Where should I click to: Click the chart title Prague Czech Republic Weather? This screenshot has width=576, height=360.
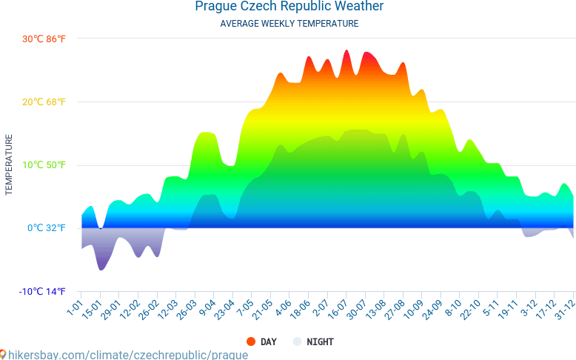point(289,7)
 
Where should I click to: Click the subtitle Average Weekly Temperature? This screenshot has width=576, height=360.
point(289,24)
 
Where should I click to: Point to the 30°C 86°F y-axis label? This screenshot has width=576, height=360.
point(44,39)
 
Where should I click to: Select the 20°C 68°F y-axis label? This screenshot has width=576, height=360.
point(44,102)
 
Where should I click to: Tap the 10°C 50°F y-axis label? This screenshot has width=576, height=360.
point(44,165)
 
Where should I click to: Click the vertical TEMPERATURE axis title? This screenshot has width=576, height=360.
point(10,164)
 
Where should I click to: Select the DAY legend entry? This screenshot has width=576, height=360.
point(268,341)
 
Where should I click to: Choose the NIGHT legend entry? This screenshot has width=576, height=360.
point(319,341)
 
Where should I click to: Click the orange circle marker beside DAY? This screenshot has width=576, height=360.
point(251,341)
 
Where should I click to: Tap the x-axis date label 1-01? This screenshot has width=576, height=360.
point(75,305)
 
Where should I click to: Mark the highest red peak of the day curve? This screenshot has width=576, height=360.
point(346,51)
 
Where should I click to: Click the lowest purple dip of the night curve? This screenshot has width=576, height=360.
point(101,269)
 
